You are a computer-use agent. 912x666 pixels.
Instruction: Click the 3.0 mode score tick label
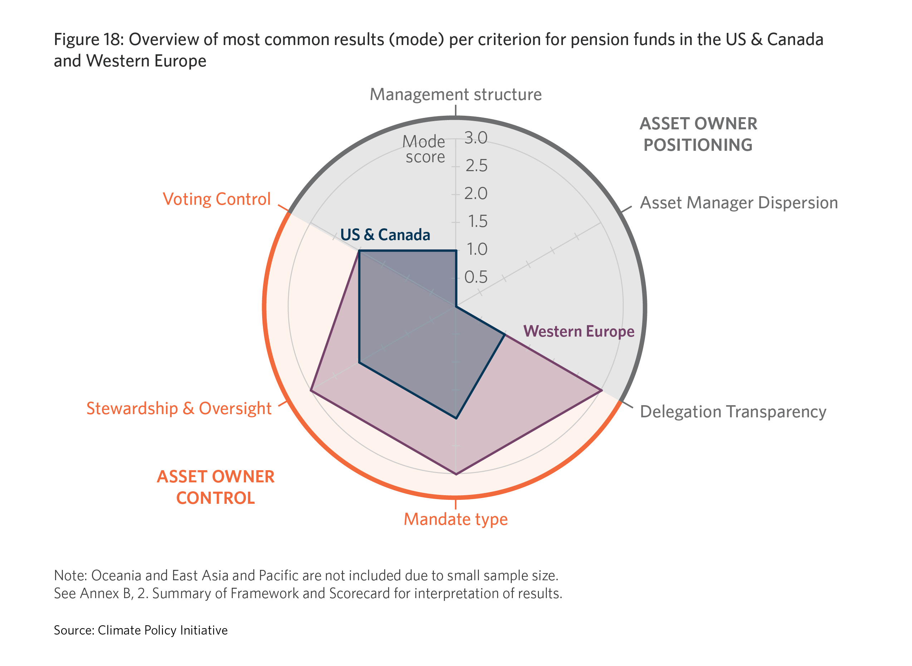tap(476, 138)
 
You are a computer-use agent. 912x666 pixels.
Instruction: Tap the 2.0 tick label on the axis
tap(476, 194)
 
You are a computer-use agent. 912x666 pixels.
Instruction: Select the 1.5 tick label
tap(477, 221)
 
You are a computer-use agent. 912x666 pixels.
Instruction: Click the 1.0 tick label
tap(477, 249)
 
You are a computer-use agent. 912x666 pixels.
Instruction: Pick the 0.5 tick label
tap(476, 277)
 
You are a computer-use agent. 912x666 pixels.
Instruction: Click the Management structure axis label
tap(456, 94)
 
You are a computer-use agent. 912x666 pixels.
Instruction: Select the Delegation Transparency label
tap(733, 412)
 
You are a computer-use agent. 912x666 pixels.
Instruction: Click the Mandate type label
tap(456, 519)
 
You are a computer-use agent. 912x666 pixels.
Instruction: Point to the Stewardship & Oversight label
tap(179, 408)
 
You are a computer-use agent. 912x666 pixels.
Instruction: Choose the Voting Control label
tap(217, 199)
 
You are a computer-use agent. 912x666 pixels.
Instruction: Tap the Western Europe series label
tap(579, 331)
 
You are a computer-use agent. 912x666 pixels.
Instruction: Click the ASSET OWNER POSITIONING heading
tap(698, 134)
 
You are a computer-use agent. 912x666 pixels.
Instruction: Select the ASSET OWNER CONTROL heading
tap(216, 487)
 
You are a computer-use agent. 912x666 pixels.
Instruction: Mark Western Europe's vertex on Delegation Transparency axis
tap(602, 390)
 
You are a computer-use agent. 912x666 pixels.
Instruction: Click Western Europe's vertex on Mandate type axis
tap(456, 474)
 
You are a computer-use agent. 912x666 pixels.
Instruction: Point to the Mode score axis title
tap(425, 149)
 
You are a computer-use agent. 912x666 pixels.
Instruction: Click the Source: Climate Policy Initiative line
tap(141, 630)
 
